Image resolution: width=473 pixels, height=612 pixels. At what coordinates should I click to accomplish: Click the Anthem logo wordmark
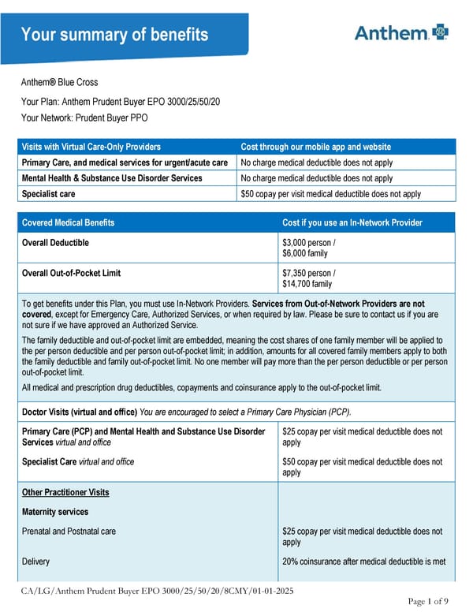click(x=390, y=32)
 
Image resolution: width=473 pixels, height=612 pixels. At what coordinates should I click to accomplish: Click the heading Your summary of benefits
click(x=114, y=35)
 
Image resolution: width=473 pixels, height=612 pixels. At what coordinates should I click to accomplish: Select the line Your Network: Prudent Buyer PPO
click(x=84, y=118)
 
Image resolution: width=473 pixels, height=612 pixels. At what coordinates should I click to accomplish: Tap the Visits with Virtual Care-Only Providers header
click(x=91, y=147)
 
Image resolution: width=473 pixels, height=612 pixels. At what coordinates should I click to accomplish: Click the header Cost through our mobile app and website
click(x=315, y=147)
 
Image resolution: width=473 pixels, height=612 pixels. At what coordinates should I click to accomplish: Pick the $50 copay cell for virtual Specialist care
click(x=330, y=193)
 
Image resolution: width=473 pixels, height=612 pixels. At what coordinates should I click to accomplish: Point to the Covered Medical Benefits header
click(x=68, y=222)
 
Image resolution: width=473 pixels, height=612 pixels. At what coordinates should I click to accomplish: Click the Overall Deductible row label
click(x=55, y=242)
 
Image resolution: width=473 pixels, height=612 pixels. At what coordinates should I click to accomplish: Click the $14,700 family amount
click(x=307, y=284)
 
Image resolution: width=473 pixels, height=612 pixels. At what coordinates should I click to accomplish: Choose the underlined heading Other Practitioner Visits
click(x=65, y=492)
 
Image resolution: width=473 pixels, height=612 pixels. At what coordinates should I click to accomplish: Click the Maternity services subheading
click(x=55, y=512)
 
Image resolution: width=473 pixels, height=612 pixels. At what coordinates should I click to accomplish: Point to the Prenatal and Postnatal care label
click(x=69, y=532)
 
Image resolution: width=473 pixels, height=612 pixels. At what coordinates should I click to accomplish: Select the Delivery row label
click(x=35, y=562)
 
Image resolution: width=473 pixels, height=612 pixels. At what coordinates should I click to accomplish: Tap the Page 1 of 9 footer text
click(x=429, y=602)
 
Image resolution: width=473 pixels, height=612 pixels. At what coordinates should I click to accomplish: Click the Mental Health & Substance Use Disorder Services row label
click(x=112, y=178)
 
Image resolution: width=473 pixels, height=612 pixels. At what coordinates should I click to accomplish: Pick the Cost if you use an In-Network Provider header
click(x=352, y=222)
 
